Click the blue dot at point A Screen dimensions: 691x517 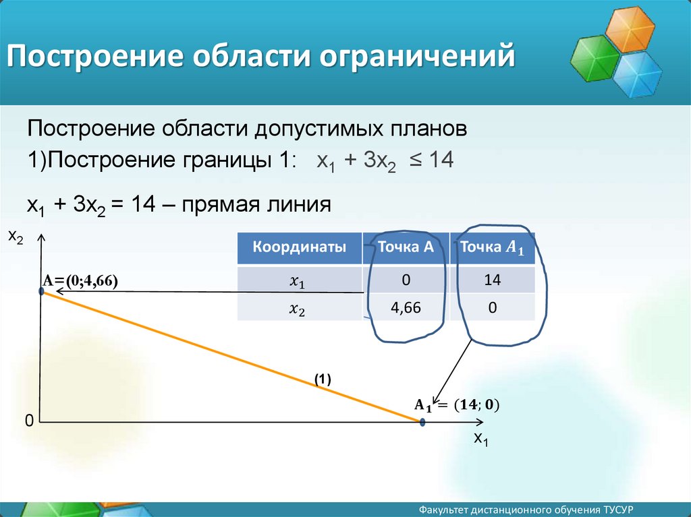pos(41,291)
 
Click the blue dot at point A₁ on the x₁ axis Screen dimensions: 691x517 pos(422,423)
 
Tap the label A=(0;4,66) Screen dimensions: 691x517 pos(80,280)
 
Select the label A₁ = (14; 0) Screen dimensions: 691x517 pos(457,405)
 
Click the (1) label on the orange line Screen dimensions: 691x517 pos(323,379)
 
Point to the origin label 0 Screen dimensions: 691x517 pos(29,421)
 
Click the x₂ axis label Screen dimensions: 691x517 pos(16,237)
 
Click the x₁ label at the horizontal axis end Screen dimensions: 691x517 pos(480,439)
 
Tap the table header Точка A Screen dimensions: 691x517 pos(406,247)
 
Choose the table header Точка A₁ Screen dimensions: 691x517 pos(492,247)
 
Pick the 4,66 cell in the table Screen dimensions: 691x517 pos(406,307)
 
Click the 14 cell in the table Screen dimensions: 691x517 pos(492,280)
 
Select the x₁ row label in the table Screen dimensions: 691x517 pos(297,281)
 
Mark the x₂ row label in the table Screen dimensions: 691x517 pos(297,309)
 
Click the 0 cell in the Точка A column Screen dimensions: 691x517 pos(406,280)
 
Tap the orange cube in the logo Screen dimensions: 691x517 pos(630,29)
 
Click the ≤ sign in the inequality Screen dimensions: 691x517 pos(416,160)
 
